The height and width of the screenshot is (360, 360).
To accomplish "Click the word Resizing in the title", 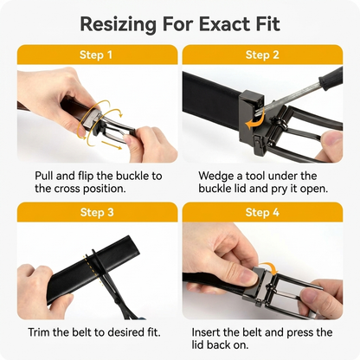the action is tap(118, 25).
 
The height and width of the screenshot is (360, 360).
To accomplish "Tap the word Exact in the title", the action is tap(223, 24).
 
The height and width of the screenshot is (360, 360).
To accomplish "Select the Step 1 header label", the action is tap(96, 55).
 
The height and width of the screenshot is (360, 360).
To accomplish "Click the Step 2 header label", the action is tap(262, 55).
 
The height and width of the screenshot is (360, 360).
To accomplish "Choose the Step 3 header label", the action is tap(97, 212).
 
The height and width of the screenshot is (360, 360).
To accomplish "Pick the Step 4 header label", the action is tap(262, 212).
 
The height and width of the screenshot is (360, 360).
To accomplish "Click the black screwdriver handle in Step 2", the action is tap(331, 77).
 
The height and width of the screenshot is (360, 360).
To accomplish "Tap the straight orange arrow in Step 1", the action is tap(112, 145).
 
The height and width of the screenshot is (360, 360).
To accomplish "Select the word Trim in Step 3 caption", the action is tap(39, 332).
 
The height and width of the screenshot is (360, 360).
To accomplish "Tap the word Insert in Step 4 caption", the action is tap(206, 332).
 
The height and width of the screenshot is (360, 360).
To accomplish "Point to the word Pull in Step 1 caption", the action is tap(43, 176).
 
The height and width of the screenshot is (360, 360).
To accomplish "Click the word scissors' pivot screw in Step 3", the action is tap(117, 301).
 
